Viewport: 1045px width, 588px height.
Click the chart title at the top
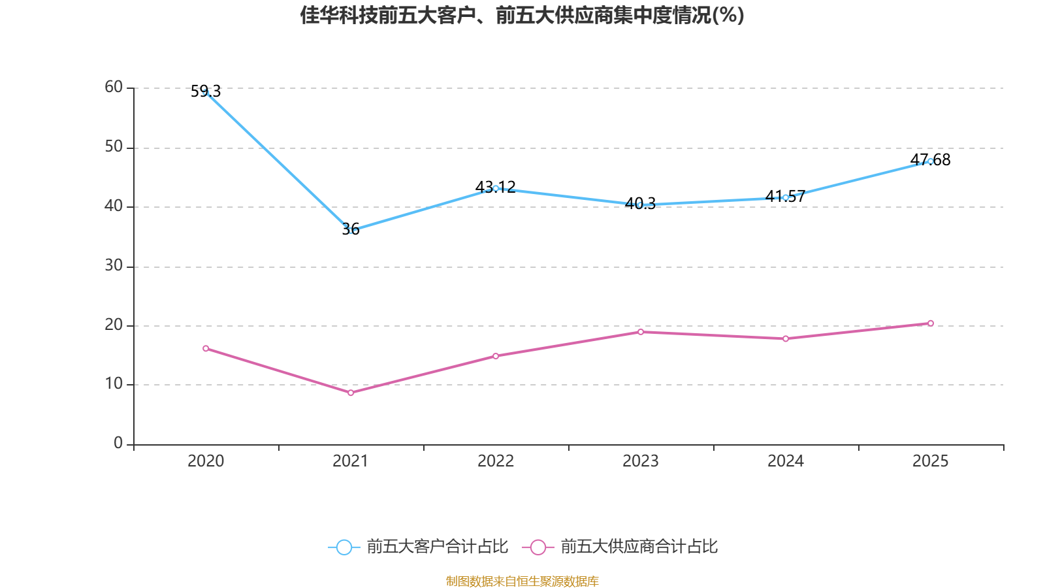[522, 15]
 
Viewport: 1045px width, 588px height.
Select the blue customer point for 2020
[206, 92]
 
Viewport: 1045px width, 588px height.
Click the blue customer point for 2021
[351, 231]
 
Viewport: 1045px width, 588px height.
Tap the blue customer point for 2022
[496, 189]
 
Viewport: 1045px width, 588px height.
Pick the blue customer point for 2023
[641, 204]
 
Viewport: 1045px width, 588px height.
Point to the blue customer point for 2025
[931, 161]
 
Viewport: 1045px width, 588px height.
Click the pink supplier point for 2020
[206, 348]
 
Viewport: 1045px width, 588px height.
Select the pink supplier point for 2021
[351, 393]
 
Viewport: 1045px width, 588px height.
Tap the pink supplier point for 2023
[641, 332]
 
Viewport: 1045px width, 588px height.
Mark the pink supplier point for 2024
[786, 338]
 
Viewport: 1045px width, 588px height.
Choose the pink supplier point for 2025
[931, 323]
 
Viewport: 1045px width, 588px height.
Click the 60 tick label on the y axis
[114, 88]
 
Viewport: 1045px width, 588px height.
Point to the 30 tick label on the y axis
[114, 266]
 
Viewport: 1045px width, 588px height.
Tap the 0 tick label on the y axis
[118, 444]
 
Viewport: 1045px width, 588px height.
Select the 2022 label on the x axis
[496, 461]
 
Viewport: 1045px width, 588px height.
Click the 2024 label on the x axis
[786, 461]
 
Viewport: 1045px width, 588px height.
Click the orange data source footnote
[522, 581]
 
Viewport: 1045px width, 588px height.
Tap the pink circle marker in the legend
[538, 547]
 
